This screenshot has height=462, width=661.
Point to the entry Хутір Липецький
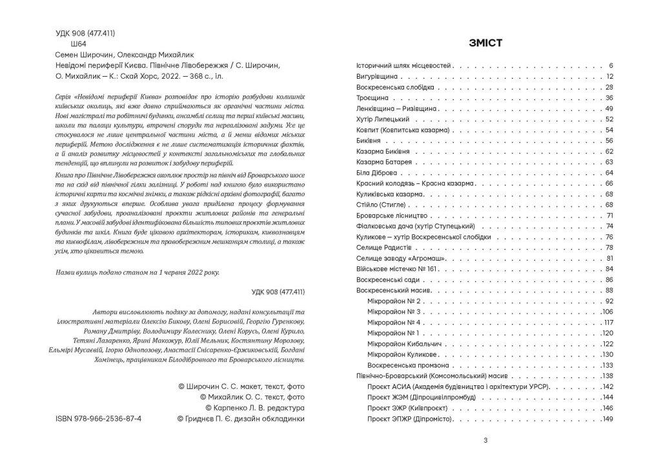(383, 119)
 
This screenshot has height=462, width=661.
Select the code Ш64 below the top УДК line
(67, 45)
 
